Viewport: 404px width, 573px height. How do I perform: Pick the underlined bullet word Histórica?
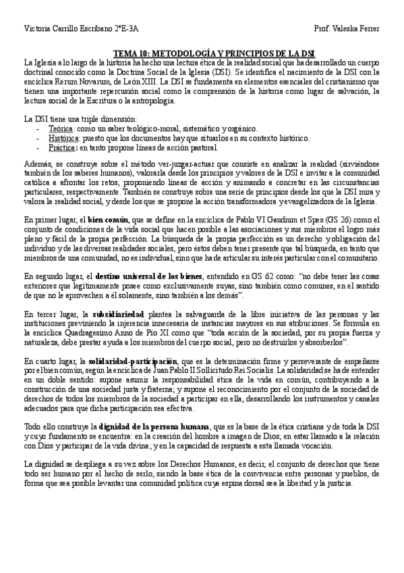point(64,137)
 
